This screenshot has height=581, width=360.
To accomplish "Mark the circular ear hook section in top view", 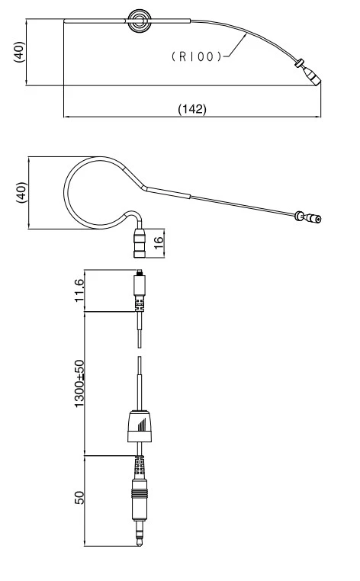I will point(139,21).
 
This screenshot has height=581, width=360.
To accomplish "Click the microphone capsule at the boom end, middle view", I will point(312,219).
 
